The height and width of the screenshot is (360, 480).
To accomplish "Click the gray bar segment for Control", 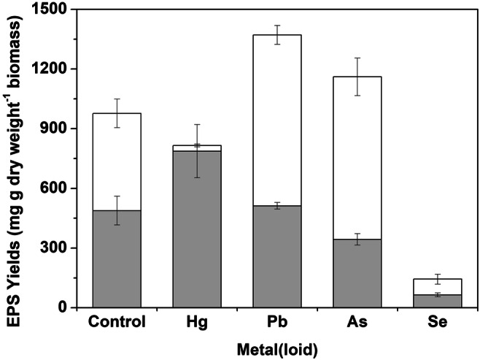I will pos(117,258).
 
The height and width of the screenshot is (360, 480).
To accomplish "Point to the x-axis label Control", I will pos(117,321).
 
